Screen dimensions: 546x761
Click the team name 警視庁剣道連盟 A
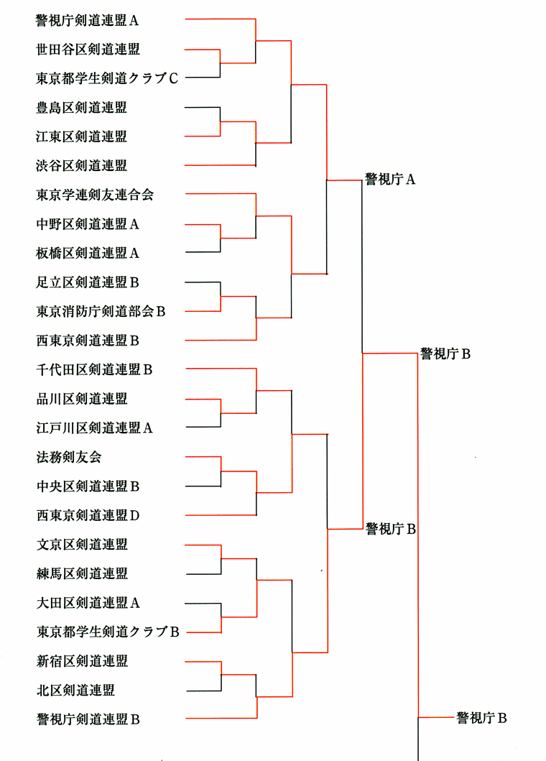[x=88, y=20]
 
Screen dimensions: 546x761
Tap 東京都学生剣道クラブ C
[x=107, y=78]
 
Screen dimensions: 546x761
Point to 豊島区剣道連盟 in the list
[x=81, y=107]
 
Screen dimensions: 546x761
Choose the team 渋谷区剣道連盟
[x=81, y=165]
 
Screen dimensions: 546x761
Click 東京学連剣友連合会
[x=95, y=195]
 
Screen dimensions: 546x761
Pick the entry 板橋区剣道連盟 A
[x=88, y=253]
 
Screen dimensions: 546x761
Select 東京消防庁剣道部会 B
[x=101, y=311]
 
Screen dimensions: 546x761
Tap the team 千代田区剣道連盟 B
[x=94, y=370]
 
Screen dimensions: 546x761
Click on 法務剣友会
[x=69, y=457]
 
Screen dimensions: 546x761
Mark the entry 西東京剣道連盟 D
[x=88, y=515]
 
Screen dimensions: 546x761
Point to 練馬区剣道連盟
[x=82, y=573]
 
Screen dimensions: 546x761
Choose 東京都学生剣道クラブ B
[x=108, y=632]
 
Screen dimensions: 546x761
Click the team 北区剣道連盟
[x=75, y=690]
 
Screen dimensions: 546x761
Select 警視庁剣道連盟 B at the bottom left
[x=88, y=719]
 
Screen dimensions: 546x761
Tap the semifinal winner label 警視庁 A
[x=390, y=180]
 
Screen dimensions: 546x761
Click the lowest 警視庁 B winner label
[x=481, y=718]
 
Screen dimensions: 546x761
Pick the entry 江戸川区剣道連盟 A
[x=94, y=428]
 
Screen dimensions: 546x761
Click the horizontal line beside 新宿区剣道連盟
[x=203, y=662]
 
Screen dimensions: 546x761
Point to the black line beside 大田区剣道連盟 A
[x=203, y=604]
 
